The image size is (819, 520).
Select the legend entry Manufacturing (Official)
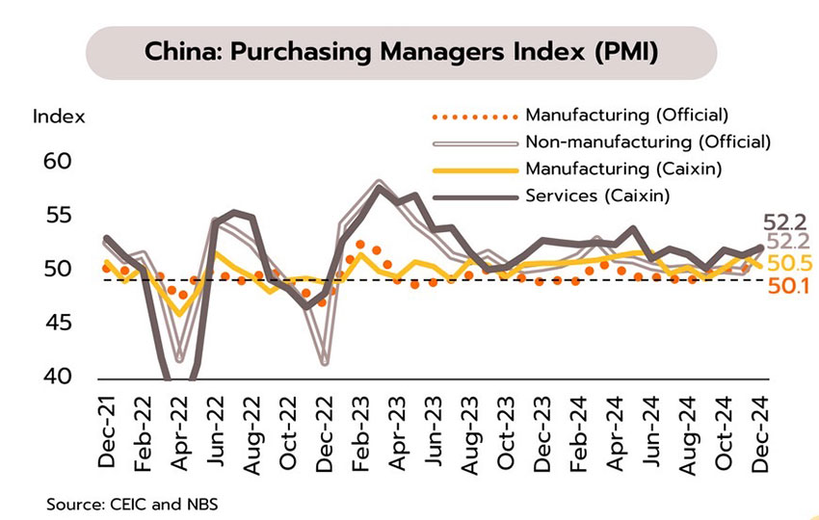[x=625, y=117]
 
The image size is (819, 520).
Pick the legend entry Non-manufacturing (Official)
[x=648, y=143]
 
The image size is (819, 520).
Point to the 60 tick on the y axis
[x=58, y=161]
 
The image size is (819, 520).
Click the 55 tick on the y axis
[x=58, y=215]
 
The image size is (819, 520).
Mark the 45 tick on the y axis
[x=58, y=324]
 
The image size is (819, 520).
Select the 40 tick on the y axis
[x=58, y=377]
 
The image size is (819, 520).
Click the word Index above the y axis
[x=59, y=117]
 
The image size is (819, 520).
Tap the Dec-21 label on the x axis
[x=107, y=430]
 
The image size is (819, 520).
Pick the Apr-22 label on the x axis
[x=178, y=430]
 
